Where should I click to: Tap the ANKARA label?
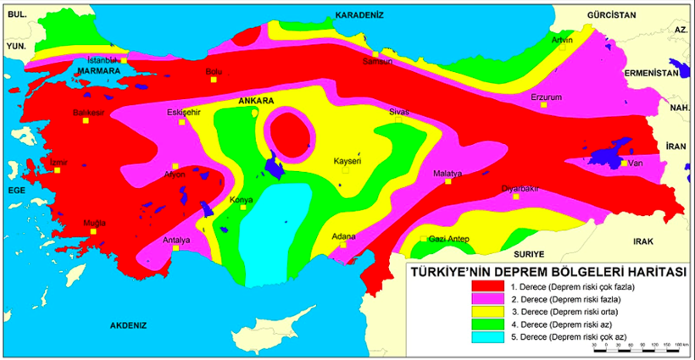click(x=255, y=101)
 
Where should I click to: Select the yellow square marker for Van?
click(x=624, y=163)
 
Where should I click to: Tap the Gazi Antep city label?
click(x=448, y=239)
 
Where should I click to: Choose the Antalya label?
click(x=175, y=239)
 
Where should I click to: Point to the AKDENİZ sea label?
click(x=128, y=324)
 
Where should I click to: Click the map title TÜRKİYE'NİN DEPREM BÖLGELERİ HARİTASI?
click(x=548, y=272)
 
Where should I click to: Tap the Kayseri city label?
click(x=347, y=160)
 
